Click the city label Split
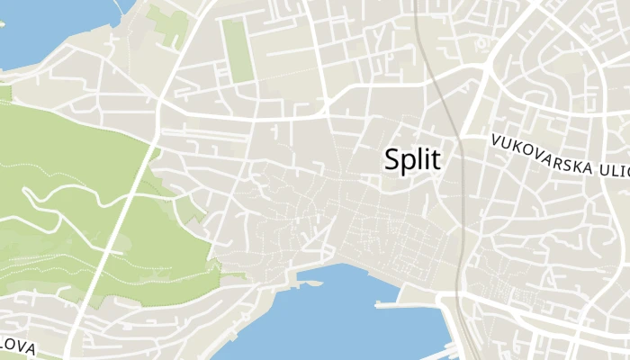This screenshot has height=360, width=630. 412,160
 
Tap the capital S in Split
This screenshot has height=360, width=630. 392,159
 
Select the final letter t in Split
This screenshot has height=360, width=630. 436,160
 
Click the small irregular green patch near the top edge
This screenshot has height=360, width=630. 166,22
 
